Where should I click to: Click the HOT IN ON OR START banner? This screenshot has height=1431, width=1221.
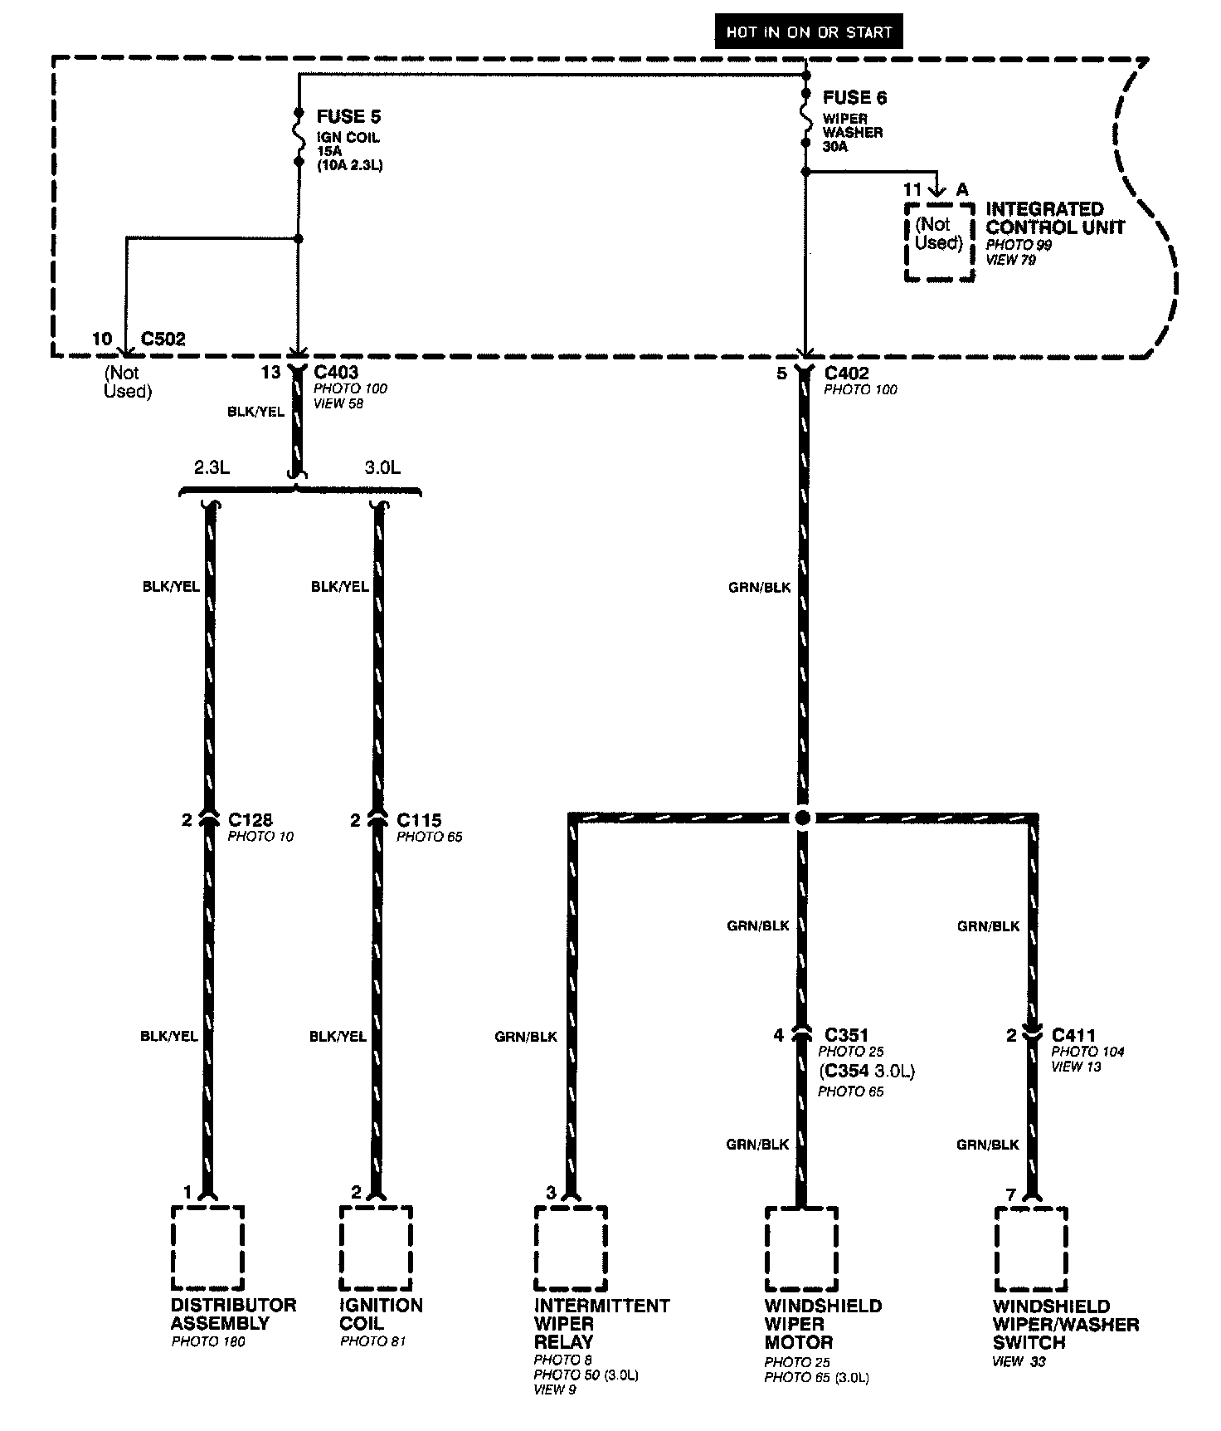(x=809, y=32)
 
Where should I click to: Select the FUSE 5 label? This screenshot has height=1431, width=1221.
(x=348, y=116)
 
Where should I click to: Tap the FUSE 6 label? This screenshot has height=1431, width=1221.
(x=854, y=98)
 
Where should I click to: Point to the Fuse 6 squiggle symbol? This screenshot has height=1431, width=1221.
(x=805, y=117)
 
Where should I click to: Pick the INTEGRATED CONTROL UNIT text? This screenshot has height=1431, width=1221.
(x=1055, y=217)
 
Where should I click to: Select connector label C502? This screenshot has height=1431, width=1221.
(x=163, y=339)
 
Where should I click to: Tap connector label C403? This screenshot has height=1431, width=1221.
(x=336, y=373)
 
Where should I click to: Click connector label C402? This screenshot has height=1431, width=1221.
(x=847, y=374)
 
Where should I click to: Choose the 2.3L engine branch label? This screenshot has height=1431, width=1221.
(x=212, y=467)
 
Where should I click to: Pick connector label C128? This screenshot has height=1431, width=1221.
(x=250, y=820)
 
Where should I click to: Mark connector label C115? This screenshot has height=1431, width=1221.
(x=419, y=820)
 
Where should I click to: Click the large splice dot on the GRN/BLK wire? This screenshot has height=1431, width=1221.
(x=802, y=818)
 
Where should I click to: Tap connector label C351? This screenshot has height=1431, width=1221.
(x=847, y=1035)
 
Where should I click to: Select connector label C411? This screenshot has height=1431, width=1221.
(x=1073, y=1035)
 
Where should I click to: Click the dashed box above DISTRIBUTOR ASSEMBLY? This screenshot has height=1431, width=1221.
(x=207, y=1247)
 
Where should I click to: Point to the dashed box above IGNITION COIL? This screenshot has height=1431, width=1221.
(x=376, y=1247)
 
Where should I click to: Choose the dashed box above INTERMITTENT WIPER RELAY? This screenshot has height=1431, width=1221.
(x=571, y=1247)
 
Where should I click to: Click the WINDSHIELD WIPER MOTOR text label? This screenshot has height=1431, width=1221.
(x=823, y=1324)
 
